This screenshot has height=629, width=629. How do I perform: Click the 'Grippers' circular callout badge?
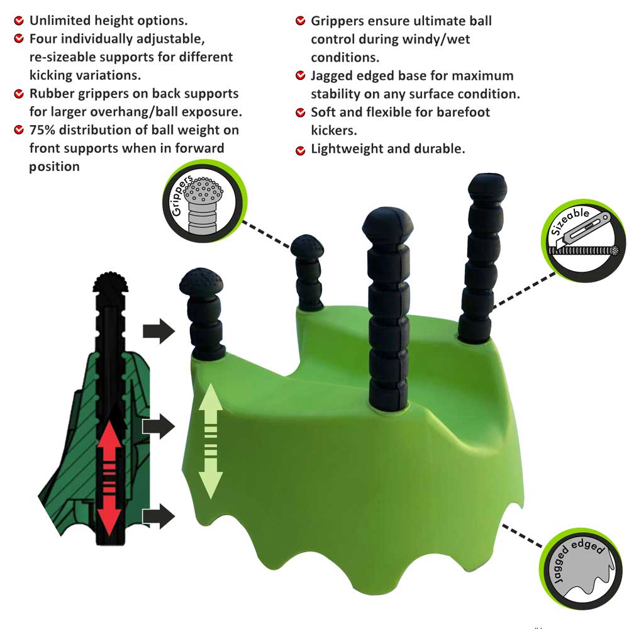point(204,201)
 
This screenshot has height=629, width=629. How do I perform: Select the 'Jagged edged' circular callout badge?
point(581,569)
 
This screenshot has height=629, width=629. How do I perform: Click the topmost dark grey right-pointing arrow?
point(159,331)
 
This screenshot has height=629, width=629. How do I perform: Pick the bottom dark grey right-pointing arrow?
point(159,516)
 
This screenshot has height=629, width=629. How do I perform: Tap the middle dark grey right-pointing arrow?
point(159,426)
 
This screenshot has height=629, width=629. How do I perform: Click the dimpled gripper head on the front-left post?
point(201,281)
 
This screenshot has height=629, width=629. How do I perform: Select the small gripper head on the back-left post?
point(307,247)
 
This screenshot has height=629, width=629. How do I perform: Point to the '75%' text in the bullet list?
point(42,130)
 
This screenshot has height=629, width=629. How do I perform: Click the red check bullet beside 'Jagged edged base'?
point(300,75)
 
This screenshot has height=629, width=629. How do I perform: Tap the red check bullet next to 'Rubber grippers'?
point(19,94)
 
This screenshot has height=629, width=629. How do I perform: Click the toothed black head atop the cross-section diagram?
point(111,282)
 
